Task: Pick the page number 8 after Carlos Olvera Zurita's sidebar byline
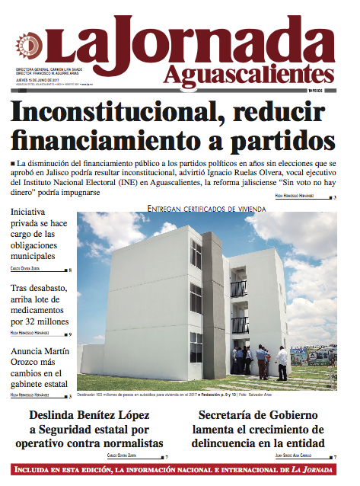70,270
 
